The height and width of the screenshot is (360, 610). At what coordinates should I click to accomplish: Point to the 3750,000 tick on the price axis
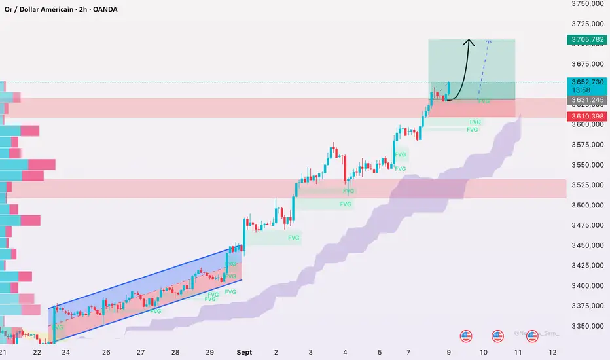point(586,4)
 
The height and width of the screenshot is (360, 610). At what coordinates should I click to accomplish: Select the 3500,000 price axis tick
point(586,205)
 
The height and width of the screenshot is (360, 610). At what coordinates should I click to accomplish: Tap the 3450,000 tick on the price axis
point(586,245)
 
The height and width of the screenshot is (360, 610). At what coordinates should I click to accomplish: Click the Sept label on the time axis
point(244,352)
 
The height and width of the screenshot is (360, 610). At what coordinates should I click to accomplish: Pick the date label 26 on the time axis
point(106,352)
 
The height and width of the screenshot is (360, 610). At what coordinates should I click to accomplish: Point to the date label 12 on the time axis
point(553,352)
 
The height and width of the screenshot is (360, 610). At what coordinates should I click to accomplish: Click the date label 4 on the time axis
point(345,352)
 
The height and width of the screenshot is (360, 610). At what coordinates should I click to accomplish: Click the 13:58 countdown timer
point(580,90)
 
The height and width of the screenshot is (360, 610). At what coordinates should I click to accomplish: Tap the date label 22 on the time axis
point(37,352)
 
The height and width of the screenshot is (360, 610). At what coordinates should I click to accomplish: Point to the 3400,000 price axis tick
point(586,285)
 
